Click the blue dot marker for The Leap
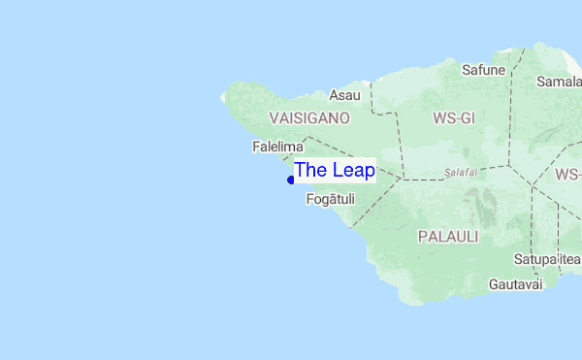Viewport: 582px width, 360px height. [x=291, y=180]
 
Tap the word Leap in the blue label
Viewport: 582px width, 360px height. [x=353, y=170]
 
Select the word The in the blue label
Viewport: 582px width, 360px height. [x=310, y=170]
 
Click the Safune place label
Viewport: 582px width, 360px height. [x=483, y=70]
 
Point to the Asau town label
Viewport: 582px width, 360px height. [x=344, y=95]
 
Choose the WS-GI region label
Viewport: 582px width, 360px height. [x=453, y=118]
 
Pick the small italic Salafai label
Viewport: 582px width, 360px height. [x=461, y=172]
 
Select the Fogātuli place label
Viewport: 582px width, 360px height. [x=330, y=200]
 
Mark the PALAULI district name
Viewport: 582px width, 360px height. [x=447, y=236]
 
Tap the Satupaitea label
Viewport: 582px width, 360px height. [x=547, y=260]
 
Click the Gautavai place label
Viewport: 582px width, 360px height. [x=515, y=283]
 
